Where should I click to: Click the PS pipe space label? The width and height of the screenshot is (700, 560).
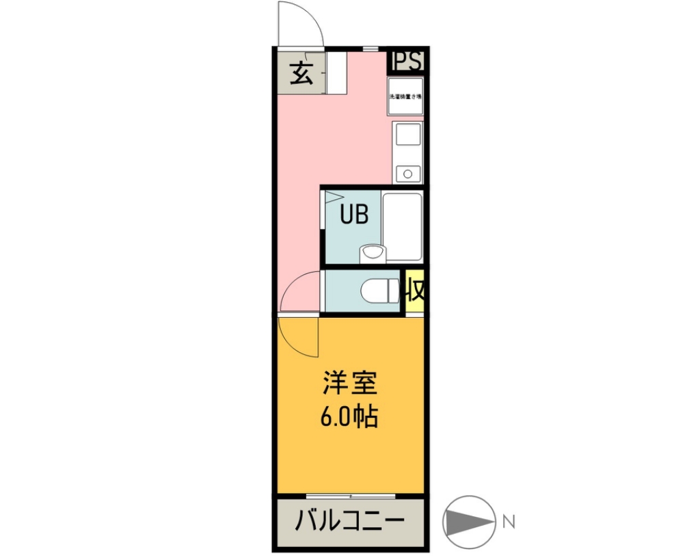pyautogui.click(x=407, y=62)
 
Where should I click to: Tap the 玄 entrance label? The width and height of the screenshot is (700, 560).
pyautogui.click(x=301, y=73)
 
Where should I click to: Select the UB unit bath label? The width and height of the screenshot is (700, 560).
pyautogui.click(x=355, y=215)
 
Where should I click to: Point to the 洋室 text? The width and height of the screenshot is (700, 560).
pyautogui.click(x=350, y=384)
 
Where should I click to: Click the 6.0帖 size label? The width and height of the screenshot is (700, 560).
pyautogui.click(x=349, y=416)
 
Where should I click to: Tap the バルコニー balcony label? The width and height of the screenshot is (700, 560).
pyautogui.click(x=349, y=522)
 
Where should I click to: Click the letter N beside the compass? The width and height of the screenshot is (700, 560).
pyautogui.click(x=508, y=522)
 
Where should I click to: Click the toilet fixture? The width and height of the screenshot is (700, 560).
pyautogui.click(x=381, y=291)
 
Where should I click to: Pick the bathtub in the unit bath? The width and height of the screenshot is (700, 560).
pyautogui.click(x=402, y=226)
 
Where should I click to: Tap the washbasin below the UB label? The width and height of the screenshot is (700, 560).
pyautogui.click(x=372, y=254)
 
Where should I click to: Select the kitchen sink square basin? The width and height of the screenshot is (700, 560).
pyautogui.click(x=407, y=136)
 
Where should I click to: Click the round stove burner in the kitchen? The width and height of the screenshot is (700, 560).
pyautogui.click(x=407, y=173)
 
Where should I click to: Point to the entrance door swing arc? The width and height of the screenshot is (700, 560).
pyautogui.click(x=301, y=24)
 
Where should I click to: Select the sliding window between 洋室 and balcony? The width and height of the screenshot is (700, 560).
pyautogui.click(x=351, y=496)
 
